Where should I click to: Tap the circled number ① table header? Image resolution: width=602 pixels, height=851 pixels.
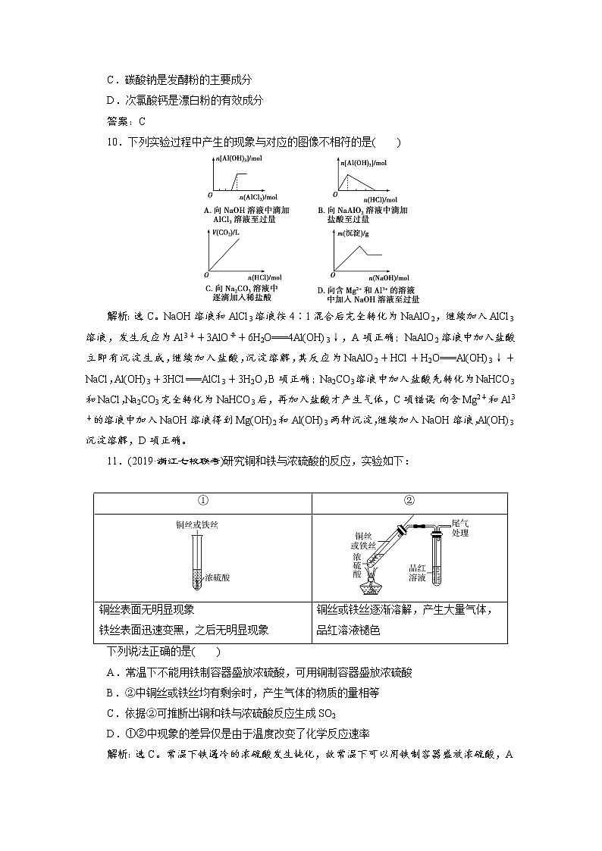202,501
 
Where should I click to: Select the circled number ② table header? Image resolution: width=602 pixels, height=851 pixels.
409,501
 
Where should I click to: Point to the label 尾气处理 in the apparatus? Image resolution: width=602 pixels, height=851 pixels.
460,527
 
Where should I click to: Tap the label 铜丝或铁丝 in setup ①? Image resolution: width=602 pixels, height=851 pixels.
196,524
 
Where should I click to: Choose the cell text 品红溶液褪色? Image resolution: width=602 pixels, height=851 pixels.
349,630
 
